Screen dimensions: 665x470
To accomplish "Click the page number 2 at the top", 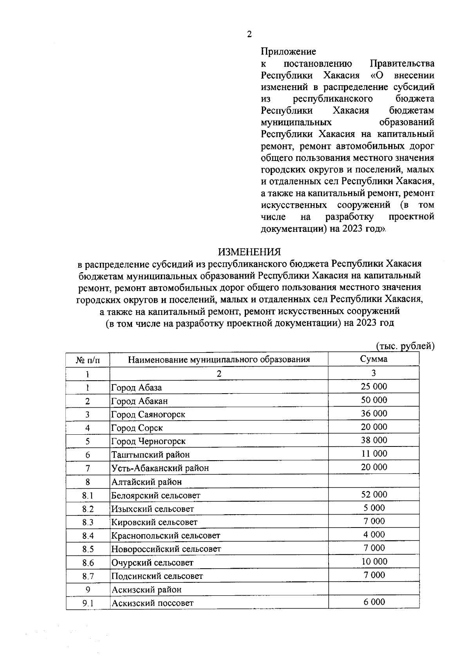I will (x=249, y=34).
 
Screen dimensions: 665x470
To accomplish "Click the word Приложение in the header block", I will (x=288, y=52).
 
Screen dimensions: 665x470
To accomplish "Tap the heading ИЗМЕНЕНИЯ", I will (x=249, y=251).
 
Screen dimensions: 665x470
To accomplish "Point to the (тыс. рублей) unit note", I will (x=405, y=346).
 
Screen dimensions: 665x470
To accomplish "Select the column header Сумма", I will (x=374, y=359).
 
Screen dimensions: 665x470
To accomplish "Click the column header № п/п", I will (x=88, y=360).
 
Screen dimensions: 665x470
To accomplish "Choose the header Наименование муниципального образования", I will (x=219, y=360).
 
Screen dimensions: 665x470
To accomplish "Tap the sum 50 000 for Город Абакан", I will (x=374, y=400).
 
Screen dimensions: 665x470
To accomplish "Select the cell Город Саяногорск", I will (x=148, y=414).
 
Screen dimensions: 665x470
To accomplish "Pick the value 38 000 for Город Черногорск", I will (x=374, y=440).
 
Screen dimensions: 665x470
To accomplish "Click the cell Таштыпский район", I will (x=150, y=455).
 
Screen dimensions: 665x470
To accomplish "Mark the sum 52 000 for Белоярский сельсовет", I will (x=374, y=494).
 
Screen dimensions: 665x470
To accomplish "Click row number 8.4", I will (x=88, y=536).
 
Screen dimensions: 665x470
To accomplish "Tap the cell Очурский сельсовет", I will (x=152, y=563).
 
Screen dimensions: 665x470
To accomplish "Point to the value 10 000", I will (x=374, y=562).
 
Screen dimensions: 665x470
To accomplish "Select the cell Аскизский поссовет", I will (x=152, y=603).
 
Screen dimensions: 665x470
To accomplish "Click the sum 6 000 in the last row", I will (x=374, y=602).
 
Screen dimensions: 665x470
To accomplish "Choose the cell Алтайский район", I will (x=146, y=482).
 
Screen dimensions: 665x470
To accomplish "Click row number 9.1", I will (x=88, y=604).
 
